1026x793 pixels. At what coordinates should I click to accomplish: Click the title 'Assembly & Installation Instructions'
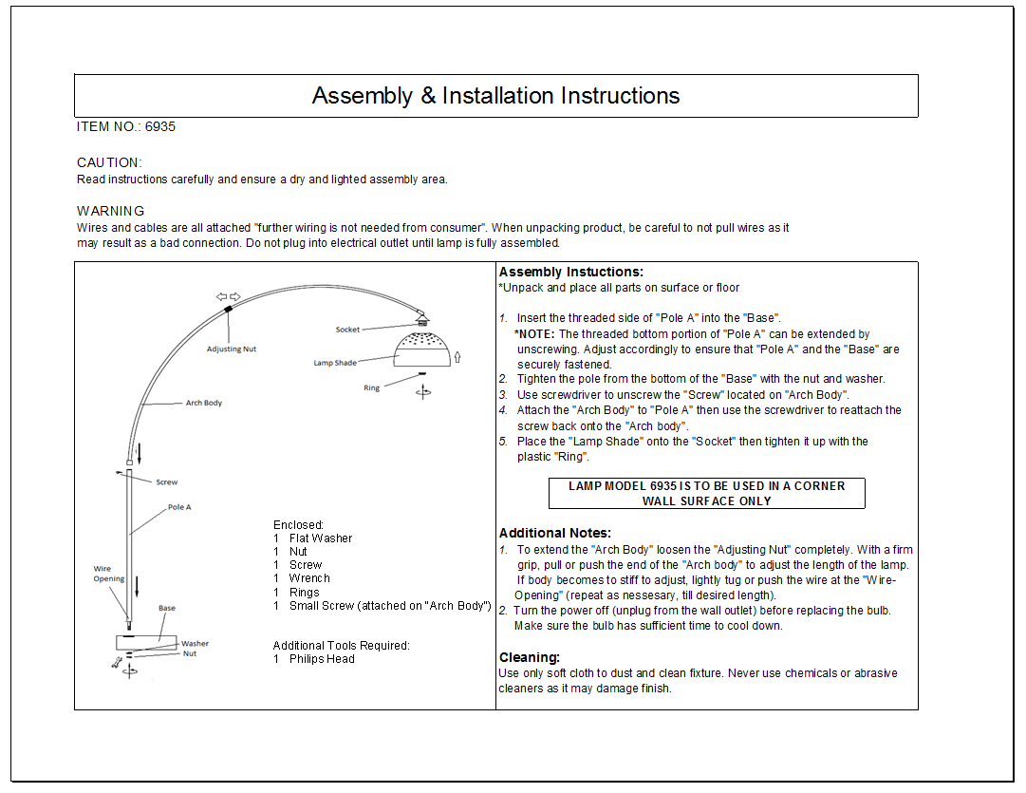pos(495,96)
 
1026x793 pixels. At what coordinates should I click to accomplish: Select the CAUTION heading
pos(109,162)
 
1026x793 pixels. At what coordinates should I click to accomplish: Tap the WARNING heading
pos(111,211)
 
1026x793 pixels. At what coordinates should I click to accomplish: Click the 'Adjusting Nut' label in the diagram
pos(232,349)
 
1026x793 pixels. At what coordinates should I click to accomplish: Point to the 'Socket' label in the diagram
pos(347,330)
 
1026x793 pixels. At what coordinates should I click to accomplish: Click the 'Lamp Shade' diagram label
pos(335,363)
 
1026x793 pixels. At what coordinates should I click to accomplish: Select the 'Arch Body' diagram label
pos(203,403)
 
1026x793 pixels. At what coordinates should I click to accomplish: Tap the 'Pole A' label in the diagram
pos(179,507)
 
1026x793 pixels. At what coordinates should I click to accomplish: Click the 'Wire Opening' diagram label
pos(108,574)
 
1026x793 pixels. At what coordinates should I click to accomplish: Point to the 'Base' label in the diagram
pos(167,608)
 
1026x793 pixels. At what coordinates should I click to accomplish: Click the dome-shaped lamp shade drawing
pos(422,350)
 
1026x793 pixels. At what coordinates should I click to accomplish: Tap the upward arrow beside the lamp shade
pos(457,357)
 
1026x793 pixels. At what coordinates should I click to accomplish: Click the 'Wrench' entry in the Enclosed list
pos(309,578)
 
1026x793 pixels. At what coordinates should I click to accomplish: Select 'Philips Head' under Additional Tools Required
pos(322,658)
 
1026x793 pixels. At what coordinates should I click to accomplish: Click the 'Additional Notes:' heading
pos(555,533)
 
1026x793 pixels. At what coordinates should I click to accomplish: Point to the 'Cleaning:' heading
pos(530,657)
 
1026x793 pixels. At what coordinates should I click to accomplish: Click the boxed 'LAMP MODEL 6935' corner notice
pos(706,493)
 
